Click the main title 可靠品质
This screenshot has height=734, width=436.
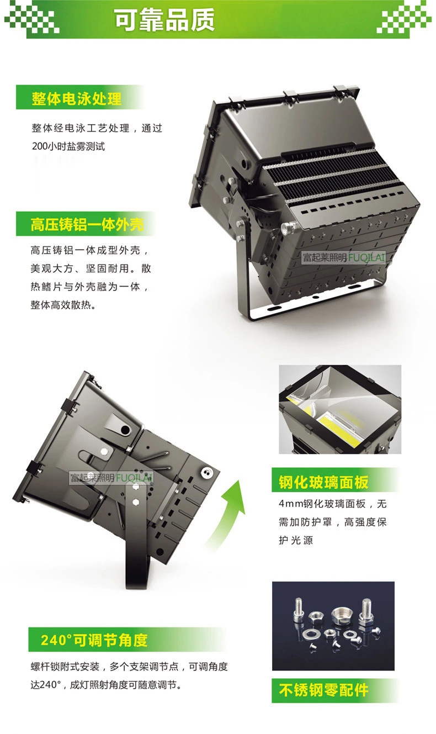pos(164,20)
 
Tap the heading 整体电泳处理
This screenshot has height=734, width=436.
pos(77,98)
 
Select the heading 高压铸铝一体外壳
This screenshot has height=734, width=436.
pos(87,224)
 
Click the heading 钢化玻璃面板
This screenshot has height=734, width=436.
pos(323,482)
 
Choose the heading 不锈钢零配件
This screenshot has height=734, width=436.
pos(323,690)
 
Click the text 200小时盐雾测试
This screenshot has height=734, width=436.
pos(68,146)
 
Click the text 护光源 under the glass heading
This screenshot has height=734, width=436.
pos(296,540)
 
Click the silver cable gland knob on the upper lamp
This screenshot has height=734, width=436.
pos(289,227)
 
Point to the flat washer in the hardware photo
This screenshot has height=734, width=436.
pos(311,632)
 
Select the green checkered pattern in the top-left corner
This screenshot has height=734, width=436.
pos(32,17)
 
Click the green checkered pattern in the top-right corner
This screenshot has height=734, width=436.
pos(404,17)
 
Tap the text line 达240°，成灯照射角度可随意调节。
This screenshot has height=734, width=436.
pos(106,685)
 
